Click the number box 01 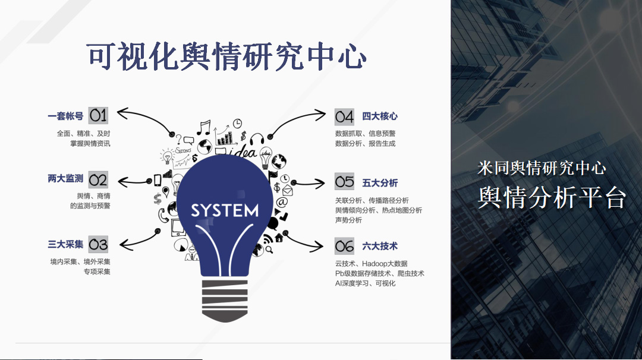point(98,116)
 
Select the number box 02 point(98,179)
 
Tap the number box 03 point(98,244)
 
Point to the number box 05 point(344,182)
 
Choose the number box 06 point(344,246)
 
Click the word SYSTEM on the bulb point(225,211)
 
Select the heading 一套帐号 point(65,116)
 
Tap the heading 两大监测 point(65,179)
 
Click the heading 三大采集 point(65,244)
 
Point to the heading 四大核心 point(380,116)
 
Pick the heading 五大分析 point(380,183)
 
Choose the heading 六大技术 point(380,246)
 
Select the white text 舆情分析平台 point(552,198)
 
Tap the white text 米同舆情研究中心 point(542,168)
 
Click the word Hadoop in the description point(373,263)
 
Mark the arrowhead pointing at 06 point(317,247)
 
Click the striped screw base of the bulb point(225,301)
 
